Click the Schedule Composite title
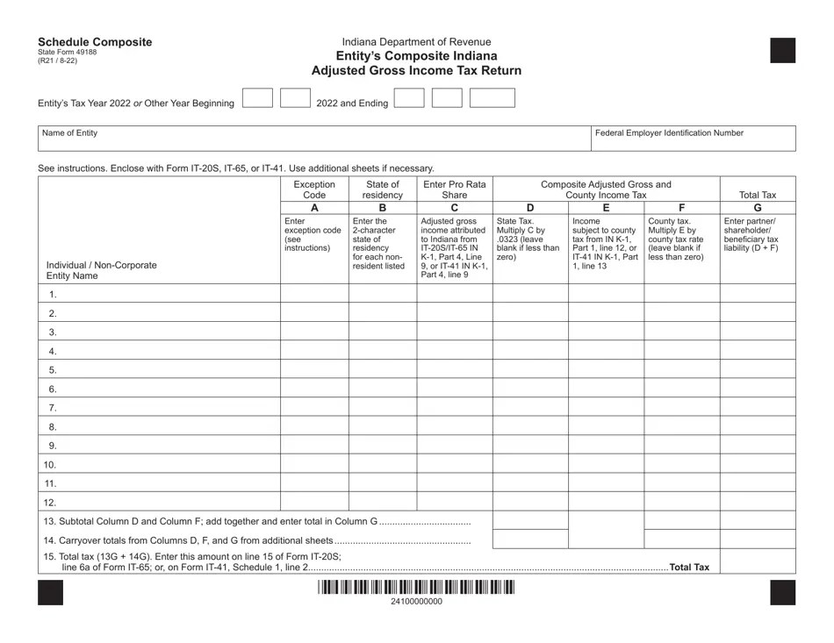(94, 41)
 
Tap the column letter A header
(314, 208)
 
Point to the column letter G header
(758, 208)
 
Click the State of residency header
(382, 189)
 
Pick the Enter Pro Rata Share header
(454, 189)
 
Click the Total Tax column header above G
(758, 195)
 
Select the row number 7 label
(53, 408)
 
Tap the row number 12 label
(50, 503)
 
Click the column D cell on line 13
(529, 520)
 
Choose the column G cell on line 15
(758, 561)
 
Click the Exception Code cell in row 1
(314, 295)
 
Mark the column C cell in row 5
(454, 370)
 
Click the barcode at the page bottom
(416, 588)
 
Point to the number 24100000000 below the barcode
(416, 602)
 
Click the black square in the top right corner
(782, 51)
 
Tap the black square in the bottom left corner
(51, 594)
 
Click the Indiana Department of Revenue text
(416, 41)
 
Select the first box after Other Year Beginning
(257, 97)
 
